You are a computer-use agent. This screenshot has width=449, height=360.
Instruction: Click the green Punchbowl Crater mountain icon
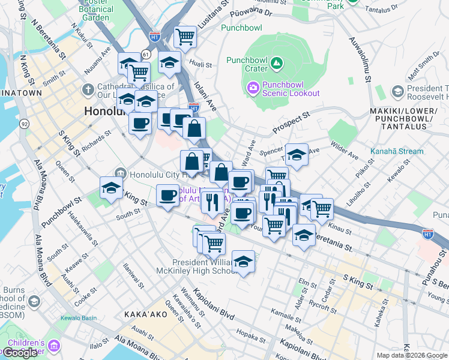coord(276,62)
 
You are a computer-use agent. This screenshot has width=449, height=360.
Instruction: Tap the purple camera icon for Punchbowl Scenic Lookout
coord(253,88)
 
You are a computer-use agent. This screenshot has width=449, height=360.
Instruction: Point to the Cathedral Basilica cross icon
coord(88,91)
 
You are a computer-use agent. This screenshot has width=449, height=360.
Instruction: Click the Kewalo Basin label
coord(78,318)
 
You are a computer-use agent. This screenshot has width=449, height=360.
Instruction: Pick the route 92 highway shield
coord(25,123)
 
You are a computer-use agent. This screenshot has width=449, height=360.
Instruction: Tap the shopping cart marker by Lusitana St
coord(185,37)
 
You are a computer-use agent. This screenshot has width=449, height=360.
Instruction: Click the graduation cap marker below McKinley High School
coord(243,262)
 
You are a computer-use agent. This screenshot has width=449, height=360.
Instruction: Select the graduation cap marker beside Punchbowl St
coord(111,187)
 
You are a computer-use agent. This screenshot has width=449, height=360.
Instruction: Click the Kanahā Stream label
coord(397,151)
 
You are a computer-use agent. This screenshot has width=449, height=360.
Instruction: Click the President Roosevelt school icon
coord(397,91)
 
